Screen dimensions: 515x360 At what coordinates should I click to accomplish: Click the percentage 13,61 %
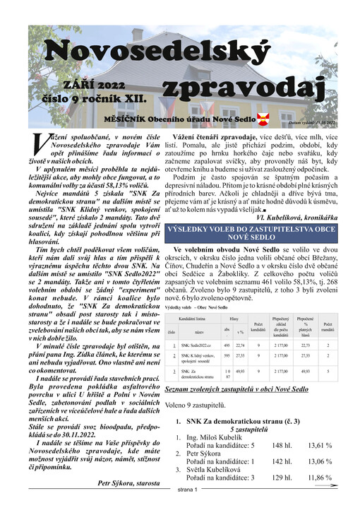tap(319, 445)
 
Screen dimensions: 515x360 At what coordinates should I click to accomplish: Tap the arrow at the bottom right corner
tap(325, 506)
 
